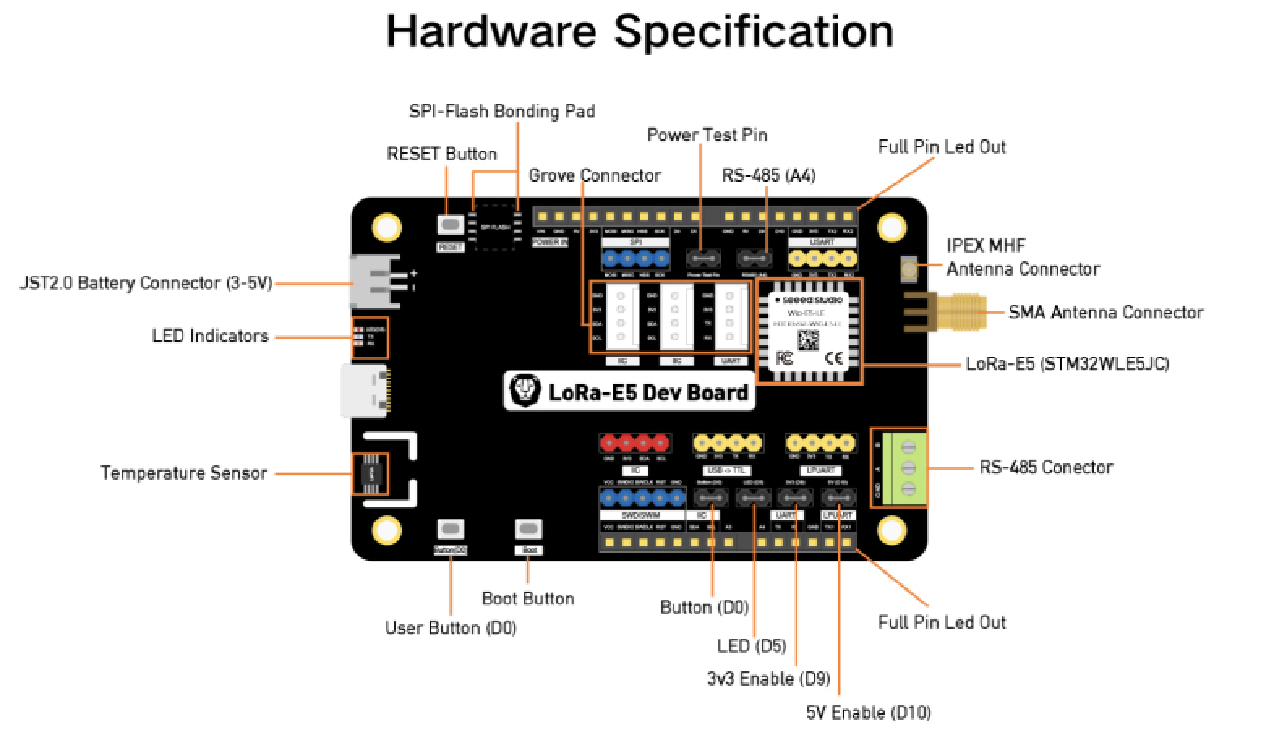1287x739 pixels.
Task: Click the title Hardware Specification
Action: click(x=640, y=32)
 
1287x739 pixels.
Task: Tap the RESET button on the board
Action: click(x=450, y=224)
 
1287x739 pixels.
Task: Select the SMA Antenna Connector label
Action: click(x=1105, y=313)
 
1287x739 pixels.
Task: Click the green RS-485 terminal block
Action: click(x=903, y=468)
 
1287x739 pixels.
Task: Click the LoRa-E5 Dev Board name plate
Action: click(x=629, y=392)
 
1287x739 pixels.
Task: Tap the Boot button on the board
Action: click(x=528, y=530)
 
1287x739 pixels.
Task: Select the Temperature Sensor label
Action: click(x=184, y=473)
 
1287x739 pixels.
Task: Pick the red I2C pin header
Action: click(x=635, y=443)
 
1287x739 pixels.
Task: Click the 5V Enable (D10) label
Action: click(x=868, y=713)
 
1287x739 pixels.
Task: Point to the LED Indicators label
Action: click(x=210, y=336)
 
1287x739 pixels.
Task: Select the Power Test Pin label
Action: click(x=707, y=135)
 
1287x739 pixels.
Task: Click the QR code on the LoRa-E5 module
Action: click(x=808, y=340)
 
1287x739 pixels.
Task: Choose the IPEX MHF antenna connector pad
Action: click(x=909, y=270)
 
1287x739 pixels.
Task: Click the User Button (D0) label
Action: click(x=451, y=628)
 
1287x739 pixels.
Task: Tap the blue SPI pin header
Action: click(x=635, y=259)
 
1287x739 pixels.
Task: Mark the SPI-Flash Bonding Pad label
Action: click(x=502, y=112)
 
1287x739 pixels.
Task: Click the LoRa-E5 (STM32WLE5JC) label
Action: click(x=1067, y=364)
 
